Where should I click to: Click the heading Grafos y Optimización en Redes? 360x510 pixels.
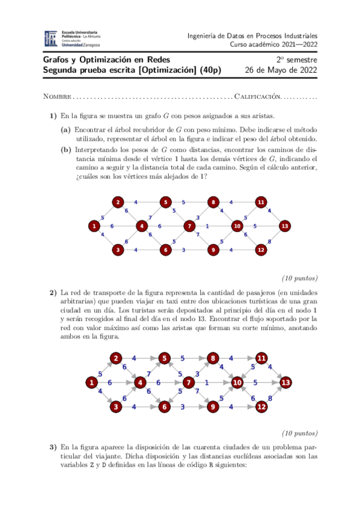[x=106, y=60]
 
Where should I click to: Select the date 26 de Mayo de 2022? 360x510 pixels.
[x=281, y=70]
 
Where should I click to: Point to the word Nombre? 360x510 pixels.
[x=57, y=96]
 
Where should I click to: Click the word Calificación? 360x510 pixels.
[x=258, y=96]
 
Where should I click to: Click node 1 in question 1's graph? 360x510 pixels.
[x=94, y=226]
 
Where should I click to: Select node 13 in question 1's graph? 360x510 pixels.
[x=284, y=226]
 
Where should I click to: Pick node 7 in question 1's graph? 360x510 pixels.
[x=189, y=226]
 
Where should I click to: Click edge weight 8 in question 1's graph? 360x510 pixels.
[x=269, y=241]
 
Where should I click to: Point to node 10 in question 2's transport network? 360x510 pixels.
[x=237, y=382]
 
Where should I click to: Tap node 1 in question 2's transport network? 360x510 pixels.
[x=91, y=382]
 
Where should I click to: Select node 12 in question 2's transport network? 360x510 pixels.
[x=261, y=407]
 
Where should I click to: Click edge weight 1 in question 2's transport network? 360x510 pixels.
[x=207, y=382]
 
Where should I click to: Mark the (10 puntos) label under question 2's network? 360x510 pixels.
[x=299, y=432]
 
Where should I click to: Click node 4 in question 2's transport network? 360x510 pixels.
[x=140, y=382]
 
